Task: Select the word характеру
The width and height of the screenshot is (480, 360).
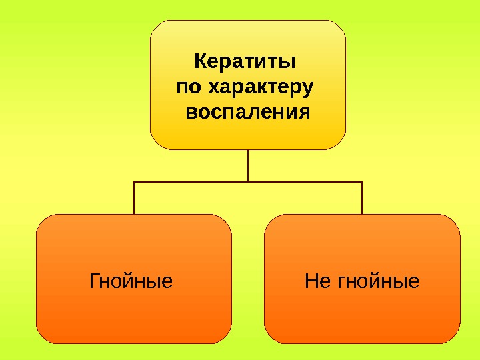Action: pyautogui.click(x=261, y=87)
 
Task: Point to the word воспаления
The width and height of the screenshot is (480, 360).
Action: pyautogui.click(x=248, y=111)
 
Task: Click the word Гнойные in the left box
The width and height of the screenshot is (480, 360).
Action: pyautogui.click(x=131, y=281)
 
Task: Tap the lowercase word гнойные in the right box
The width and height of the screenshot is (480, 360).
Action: pyautogui.click(x=379, y=281)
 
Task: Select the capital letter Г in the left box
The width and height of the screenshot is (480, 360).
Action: pyautogui.click(x=93, y=281)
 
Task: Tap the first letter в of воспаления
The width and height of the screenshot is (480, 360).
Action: pyautogui.click(x=191, y=111)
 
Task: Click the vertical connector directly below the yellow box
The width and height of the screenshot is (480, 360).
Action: pyautogui.click(x=248, y=165)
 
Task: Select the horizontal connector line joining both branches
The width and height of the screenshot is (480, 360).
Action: pyautogui.click(x=193, y=181)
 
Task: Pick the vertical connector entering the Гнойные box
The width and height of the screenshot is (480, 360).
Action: pyautogui.click(x=134, y=198)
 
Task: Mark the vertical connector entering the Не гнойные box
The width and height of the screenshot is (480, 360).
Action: pyautogui.click(x=362, y=198)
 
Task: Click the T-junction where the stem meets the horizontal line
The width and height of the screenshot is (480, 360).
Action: pyautogui.click(x=248, y=181)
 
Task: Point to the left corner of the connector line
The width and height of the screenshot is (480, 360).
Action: pyautogui.click(x=134, y=181)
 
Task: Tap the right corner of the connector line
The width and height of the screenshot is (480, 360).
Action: pyautogui.click(x=362, y=181)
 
